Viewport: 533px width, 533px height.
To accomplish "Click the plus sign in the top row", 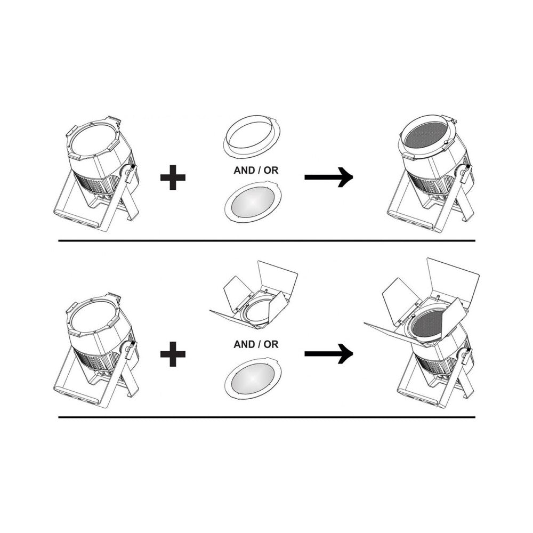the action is (173, 177).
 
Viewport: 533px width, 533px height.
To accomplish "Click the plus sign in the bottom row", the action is (173, 354).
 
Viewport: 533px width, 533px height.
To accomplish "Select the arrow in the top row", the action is (329, 177).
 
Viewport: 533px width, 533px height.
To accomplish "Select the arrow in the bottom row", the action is (329, 354).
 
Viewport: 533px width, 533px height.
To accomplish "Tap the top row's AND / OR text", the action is (256, 171).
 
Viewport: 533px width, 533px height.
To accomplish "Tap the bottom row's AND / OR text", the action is (256, 344).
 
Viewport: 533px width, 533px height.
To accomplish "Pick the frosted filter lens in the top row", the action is (253, 202).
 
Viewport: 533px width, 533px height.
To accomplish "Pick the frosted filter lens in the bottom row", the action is (253, 378).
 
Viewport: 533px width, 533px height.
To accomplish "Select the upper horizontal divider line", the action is (267, 241).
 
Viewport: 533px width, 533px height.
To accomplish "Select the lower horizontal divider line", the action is (267, 417).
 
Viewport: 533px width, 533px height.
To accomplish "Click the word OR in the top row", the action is (271, 171).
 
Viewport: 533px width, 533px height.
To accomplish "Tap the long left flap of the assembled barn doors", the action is (394, 335).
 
